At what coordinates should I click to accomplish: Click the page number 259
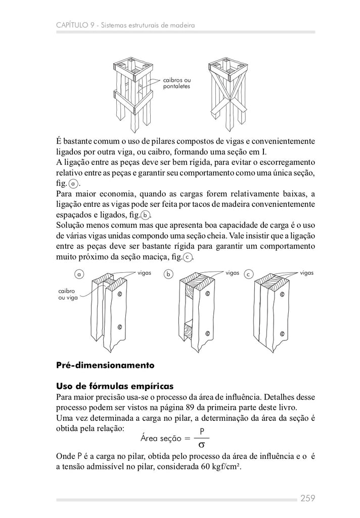(307, 498)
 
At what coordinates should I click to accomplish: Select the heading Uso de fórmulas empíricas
(115, 386)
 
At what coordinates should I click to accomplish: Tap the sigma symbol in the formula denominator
(201, 445)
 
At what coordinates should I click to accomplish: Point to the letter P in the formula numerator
(201, 431)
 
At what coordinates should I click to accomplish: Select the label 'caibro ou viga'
(67, 295)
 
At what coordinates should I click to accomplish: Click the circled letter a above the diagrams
(79, 274)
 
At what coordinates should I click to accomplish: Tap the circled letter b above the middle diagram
(169, 274)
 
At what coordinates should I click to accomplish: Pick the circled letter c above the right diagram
(248, 274)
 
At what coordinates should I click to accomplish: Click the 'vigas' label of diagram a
(145, 273)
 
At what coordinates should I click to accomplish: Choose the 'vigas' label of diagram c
(307, 273)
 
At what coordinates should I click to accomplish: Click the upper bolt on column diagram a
(120, 294)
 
